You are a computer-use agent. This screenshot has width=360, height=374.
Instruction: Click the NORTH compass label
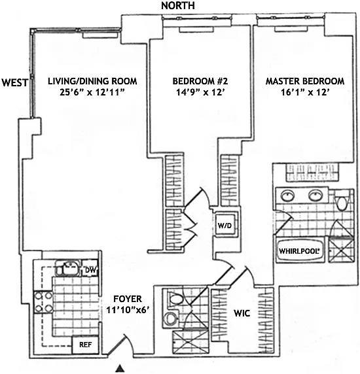pos(178,5)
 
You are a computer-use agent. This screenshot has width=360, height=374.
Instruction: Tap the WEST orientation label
pos(15,82)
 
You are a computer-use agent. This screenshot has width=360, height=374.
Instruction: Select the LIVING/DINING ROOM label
pos(92,81)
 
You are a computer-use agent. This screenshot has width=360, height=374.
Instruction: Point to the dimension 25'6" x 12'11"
pos(92,92)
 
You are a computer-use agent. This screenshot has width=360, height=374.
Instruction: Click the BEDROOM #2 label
pos(200,81)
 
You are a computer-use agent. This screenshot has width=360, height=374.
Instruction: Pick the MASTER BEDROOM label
pos(305,81)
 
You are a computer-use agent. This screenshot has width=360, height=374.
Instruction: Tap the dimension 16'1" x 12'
pos(304,92)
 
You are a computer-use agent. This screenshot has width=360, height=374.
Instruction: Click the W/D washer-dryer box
pos(225,225)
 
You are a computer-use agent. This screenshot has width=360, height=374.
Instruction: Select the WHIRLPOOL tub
pos(300,250)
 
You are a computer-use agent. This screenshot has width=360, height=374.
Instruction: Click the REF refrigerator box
pos(85,345)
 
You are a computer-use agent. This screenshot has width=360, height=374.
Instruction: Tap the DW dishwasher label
pos(90,270)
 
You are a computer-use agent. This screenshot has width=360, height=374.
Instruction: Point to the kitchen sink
pos(69,267)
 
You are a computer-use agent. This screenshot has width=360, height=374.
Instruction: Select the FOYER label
pos(127,299)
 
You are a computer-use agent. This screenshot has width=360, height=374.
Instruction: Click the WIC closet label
pos(242,313)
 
